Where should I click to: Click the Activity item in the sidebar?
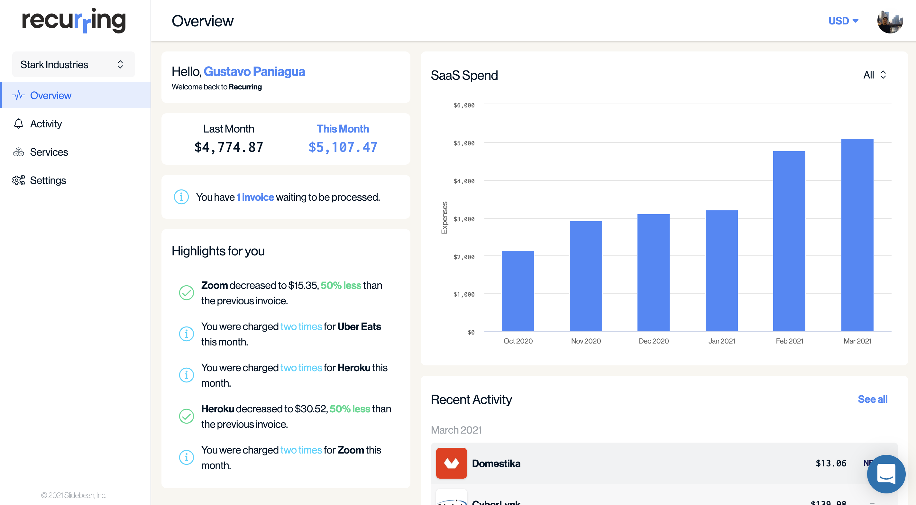point(46,124)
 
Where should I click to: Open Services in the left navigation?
point(49,152)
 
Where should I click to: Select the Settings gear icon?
point(18,180)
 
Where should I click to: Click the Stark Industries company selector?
point(73,64)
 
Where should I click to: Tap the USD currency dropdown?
point(843,21)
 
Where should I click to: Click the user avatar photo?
point(890,21)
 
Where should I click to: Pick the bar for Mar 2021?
point(857,235)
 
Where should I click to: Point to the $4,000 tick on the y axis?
point(464,181)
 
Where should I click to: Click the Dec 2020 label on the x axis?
point(654,341)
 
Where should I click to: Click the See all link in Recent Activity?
point(872,399)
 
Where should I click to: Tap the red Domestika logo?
point(451,463)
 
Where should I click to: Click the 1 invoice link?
point(255,197)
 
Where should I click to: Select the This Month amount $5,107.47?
point(343,147)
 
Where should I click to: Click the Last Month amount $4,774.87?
point(229,147)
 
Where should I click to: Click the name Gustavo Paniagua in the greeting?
point(254,71)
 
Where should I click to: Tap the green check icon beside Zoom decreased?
point(186,293)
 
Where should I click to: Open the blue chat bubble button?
point(886,474)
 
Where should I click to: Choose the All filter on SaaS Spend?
point(875,75)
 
